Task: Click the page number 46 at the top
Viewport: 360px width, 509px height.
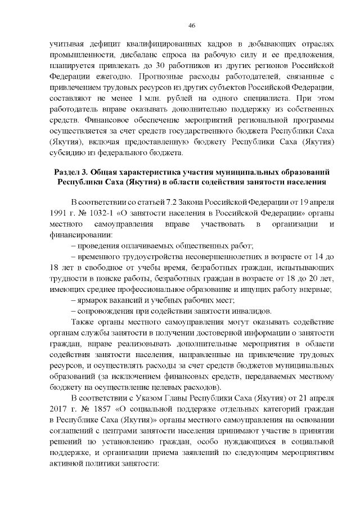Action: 191,25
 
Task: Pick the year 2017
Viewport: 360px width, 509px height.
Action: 58,409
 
